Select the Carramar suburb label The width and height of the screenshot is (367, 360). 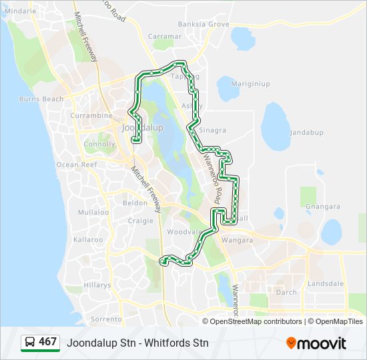point(164,36)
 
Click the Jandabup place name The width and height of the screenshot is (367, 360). point(306,133)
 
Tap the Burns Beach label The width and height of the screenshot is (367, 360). point(41,99)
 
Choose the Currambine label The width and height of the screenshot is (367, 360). point(91,115)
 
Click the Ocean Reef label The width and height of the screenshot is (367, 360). point(77,165)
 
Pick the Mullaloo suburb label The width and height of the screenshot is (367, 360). point(93,212)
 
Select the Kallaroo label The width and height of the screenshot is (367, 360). point(88,239)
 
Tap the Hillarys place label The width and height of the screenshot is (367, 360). point(97,284)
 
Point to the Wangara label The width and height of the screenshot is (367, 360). point(237,240)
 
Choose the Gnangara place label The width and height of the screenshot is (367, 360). point(322,207)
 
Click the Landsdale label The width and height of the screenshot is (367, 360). point(326,283)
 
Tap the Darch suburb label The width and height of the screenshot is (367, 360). point(286,292)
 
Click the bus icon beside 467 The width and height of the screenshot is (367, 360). point(30,343)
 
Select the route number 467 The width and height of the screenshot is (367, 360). point(47,342)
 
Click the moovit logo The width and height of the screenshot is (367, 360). point(316,343)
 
